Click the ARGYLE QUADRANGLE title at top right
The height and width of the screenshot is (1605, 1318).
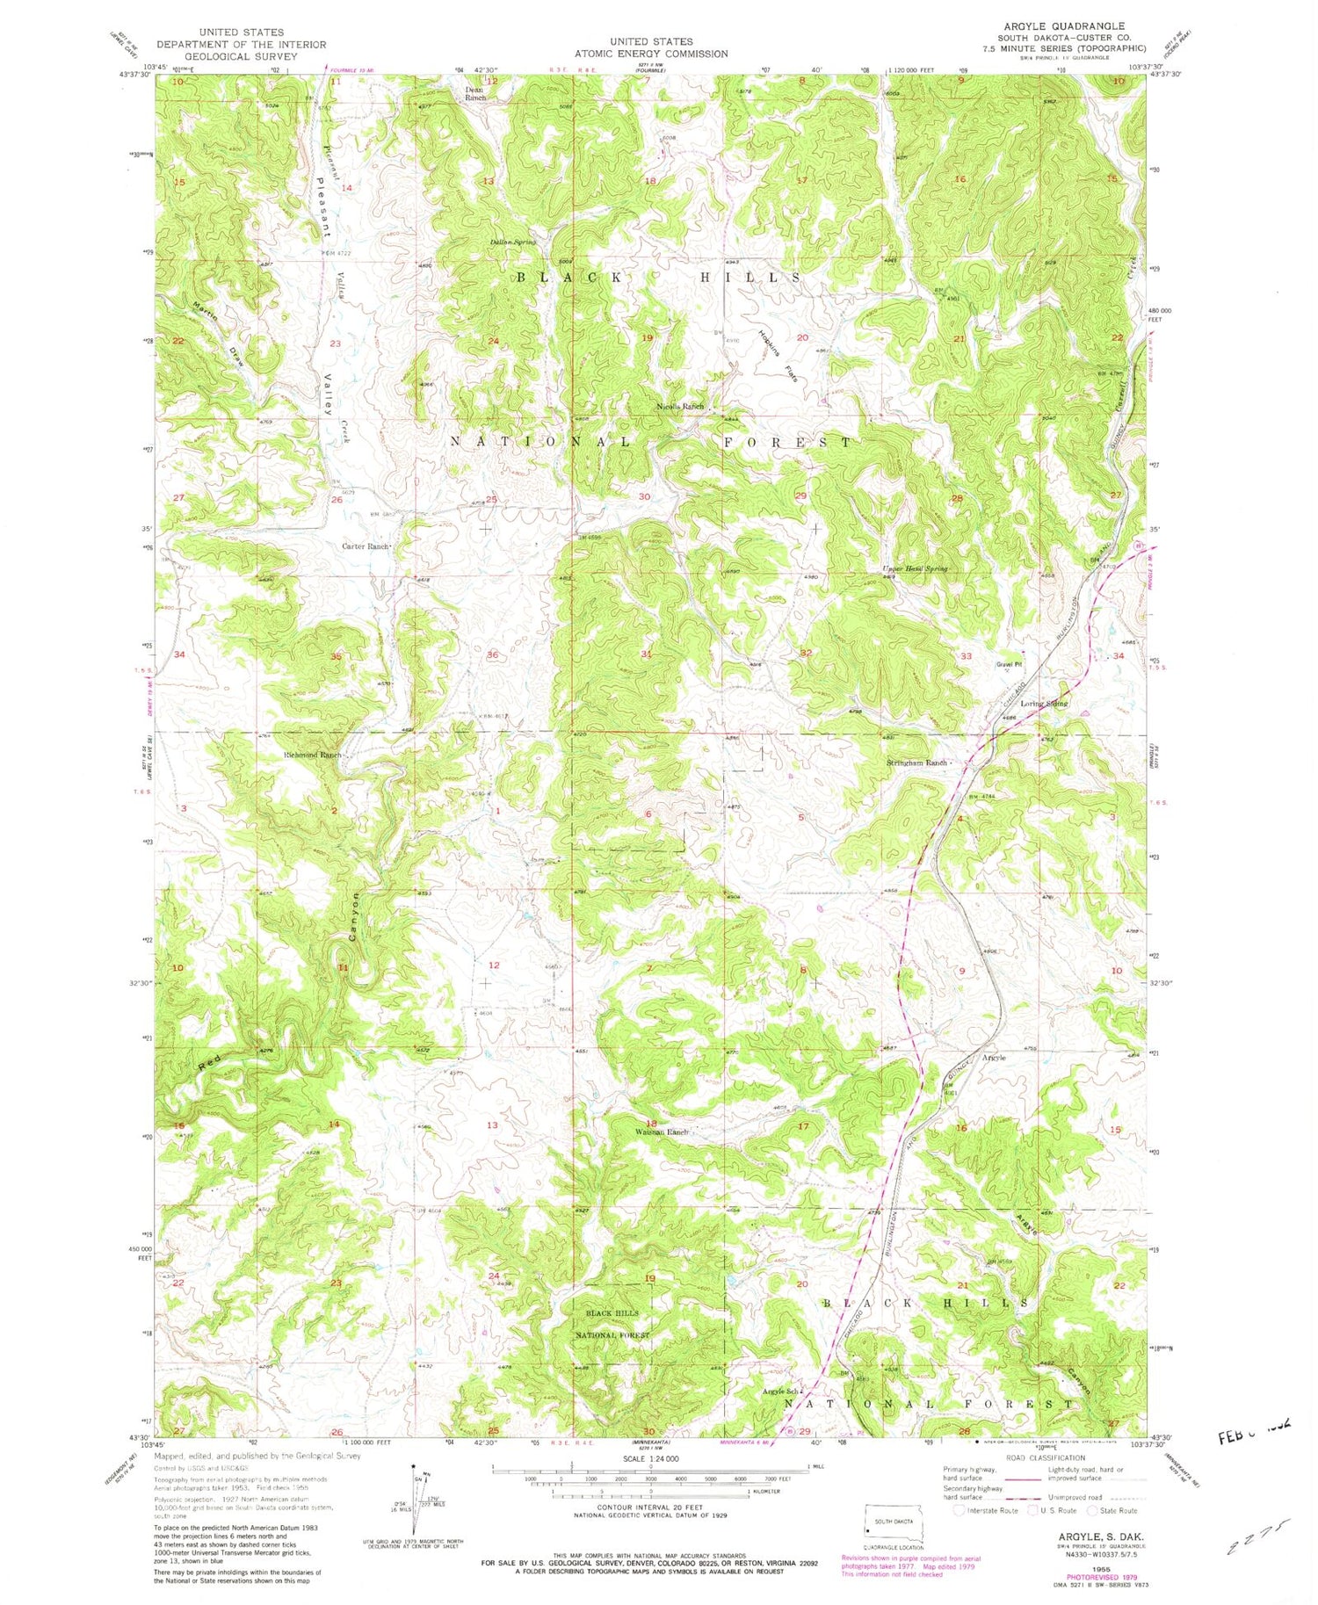pyautogui.click(x=1064, y=26)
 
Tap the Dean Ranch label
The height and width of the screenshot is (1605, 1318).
pyautogui.click(x=474, y=93)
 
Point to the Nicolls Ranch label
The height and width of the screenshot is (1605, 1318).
pyautogui.click(x=681, y=407)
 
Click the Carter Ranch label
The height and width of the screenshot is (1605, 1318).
pyautogui.click(x=366, y=546)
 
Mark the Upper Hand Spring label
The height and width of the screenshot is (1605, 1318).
pyautogui.click(x=916, y=568)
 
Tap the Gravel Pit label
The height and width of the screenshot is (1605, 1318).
pyautogui.click(x=1010, y=664)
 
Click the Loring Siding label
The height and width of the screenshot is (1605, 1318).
pyautogui.click(x=1044, y=704)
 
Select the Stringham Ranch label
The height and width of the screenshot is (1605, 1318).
pyautogui.click(x=916, y=763)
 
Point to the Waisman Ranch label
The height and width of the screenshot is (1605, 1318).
pyautogui.click(x=662, y=1131)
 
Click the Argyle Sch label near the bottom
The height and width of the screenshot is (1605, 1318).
pyautogui.click(x=780, y=1392)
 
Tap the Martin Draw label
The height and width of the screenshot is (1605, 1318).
pyautogui.click(x=215, y=332)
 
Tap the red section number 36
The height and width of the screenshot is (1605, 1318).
pyautogui.click(x=493, y=654)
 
